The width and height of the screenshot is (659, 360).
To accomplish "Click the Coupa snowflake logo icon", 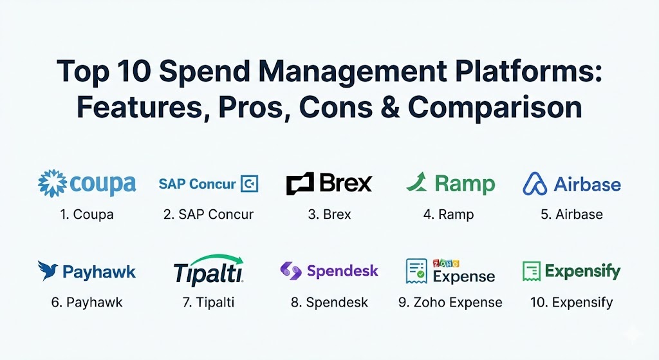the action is [52, 184].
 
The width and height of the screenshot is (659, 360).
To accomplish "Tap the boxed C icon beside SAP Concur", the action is [249, 184].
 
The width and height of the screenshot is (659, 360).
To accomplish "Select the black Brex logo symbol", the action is [300, 184].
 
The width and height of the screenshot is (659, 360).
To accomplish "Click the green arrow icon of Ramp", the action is [417, 182].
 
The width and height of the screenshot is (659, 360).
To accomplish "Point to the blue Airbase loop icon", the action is [535, 184].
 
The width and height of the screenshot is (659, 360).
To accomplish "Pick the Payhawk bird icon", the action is [48, 270].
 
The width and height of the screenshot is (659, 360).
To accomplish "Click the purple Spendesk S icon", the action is [291, 271].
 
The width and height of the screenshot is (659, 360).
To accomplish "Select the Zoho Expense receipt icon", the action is [416, 271].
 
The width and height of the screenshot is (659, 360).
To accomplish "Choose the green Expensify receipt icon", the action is [532, 271].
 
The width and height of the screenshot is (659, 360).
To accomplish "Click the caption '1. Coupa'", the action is [87, 214].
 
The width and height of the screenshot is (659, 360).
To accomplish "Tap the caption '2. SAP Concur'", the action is [209, 214].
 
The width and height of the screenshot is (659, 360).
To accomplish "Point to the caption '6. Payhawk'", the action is [87, 303].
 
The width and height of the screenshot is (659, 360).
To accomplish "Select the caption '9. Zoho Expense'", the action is [450, 303].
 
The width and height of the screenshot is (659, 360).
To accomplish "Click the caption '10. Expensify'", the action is [571, 303].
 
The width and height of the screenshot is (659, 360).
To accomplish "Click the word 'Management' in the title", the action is [352, 71].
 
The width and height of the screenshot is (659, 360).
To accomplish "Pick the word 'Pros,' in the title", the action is [254, 108].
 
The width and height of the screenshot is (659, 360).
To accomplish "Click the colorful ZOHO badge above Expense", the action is [446, 263].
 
